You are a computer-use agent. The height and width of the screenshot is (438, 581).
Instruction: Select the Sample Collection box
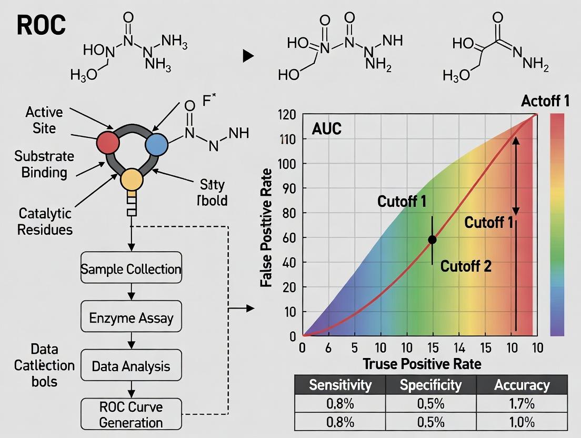[x=131, y=270]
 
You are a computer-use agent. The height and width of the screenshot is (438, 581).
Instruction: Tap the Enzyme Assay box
[x=131, y=318]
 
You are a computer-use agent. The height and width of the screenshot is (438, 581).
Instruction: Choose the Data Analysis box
[x=131, y=366]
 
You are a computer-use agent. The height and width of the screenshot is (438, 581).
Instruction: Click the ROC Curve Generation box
[x=131, y=414]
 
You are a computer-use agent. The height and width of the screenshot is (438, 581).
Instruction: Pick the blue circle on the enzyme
[x=156, y=144]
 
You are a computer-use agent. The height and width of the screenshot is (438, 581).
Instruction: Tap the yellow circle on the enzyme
[x=132, y=180]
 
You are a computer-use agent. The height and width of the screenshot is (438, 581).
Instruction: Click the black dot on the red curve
[x=432, y=240]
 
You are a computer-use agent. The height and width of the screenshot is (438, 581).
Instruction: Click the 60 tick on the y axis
[x=290, y=237]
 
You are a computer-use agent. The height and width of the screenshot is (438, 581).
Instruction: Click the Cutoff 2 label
[x=466, y=266]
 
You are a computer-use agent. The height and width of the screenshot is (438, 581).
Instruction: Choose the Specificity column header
[x=430, y=385]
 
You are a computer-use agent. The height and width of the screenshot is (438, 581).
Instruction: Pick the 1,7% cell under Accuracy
[x=522, y=404]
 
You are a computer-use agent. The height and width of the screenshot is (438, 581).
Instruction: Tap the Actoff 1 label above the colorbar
[x=545, y=101]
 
